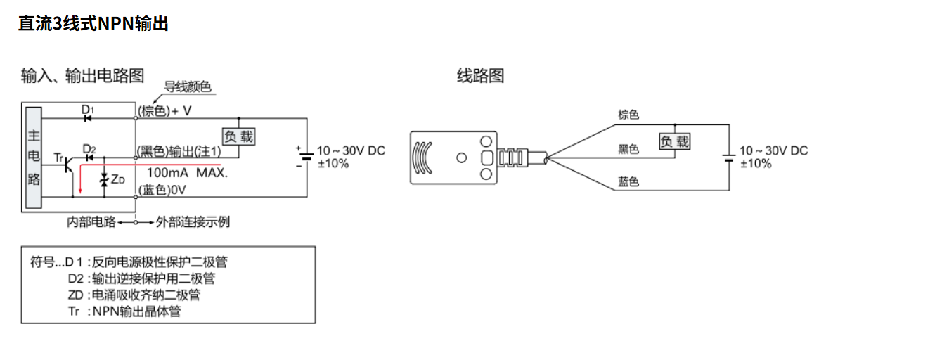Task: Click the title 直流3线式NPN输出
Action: [93, 23]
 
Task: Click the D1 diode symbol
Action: [88, 119]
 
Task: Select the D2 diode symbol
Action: [89, 157]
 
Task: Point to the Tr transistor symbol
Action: [68, 165]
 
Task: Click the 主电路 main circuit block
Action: [34, 157]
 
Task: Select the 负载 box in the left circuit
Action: [238, 136]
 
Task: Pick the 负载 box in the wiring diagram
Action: [675, 141]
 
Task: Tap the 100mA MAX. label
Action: [187, 173]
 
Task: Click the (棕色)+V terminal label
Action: [164, 111]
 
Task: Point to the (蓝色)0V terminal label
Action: [162, 190]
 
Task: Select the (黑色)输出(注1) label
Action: [179, 151]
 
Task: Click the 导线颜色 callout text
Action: [188, 86]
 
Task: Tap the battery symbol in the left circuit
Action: [307, 157]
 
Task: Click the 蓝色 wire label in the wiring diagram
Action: [628, 181]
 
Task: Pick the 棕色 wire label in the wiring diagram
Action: [628, 115]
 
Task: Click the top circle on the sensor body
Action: [486, 141]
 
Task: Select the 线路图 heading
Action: [481, 76]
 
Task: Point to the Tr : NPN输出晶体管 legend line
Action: [124, 311]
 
